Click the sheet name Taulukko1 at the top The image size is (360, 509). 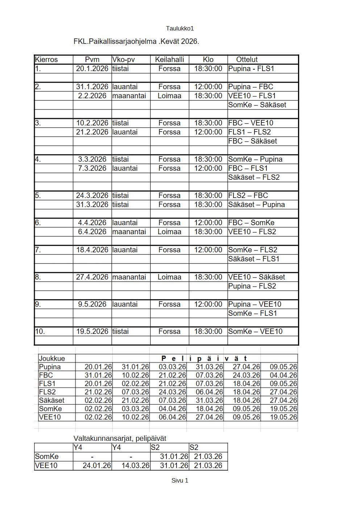(180, 28)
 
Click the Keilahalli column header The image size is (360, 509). (169, 59)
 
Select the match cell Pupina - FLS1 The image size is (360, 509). (251, 69)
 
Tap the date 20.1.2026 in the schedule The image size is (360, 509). (92, 69)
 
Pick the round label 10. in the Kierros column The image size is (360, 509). (40, 331)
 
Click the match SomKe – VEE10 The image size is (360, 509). (255, 331)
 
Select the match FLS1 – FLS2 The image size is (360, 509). (249, 132)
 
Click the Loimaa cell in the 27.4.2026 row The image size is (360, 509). (169, 277)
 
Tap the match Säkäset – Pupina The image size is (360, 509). (256, 204)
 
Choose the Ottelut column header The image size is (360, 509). (247, 59)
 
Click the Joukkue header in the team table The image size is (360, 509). (52, 359)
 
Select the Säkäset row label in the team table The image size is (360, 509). (51, 400)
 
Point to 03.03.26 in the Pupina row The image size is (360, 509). (172, 367)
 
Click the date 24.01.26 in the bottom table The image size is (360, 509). (96, 465)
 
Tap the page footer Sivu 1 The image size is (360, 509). (180, 480)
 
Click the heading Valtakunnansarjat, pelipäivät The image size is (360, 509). (120, 439)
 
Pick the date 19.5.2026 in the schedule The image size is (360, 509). (92, 331)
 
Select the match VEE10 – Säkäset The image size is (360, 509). (256, 277)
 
